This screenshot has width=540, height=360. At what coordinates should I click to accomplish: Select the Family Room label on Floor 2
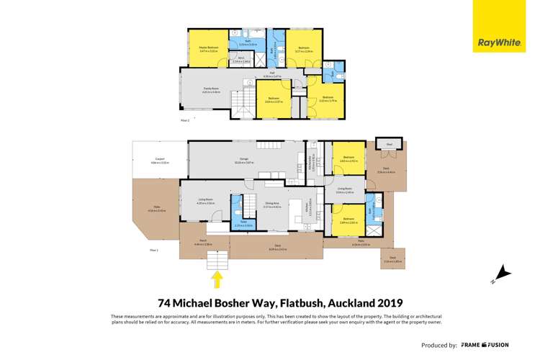211,89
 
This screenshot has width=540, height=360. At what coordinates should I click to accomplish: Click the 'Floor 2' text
184,120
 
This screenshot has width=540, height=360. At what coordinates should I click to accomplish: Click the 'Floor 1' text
153,249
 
